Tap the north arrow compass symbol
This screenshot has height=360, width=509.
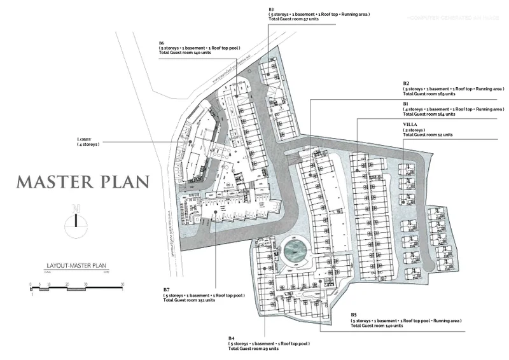[76, 220]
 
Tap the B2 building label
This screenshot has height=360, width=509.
[405, 83]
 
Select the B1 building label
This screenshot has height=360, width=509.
[405, 102]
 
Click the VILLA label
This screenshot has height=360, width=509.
[409, 123]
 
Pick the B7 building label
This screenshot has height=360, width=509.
[167, 289]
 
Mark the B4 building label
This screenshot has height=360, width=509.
[232, 337]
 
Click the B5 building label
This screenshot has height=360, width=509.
[354, 314]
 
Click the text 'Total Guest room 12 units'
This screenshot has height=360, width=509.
[428, 135]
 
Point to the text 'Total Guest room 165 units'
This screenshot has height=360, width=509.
[429, 94]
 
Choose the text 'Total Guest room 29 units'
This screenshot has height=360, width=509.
[253, 349]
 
